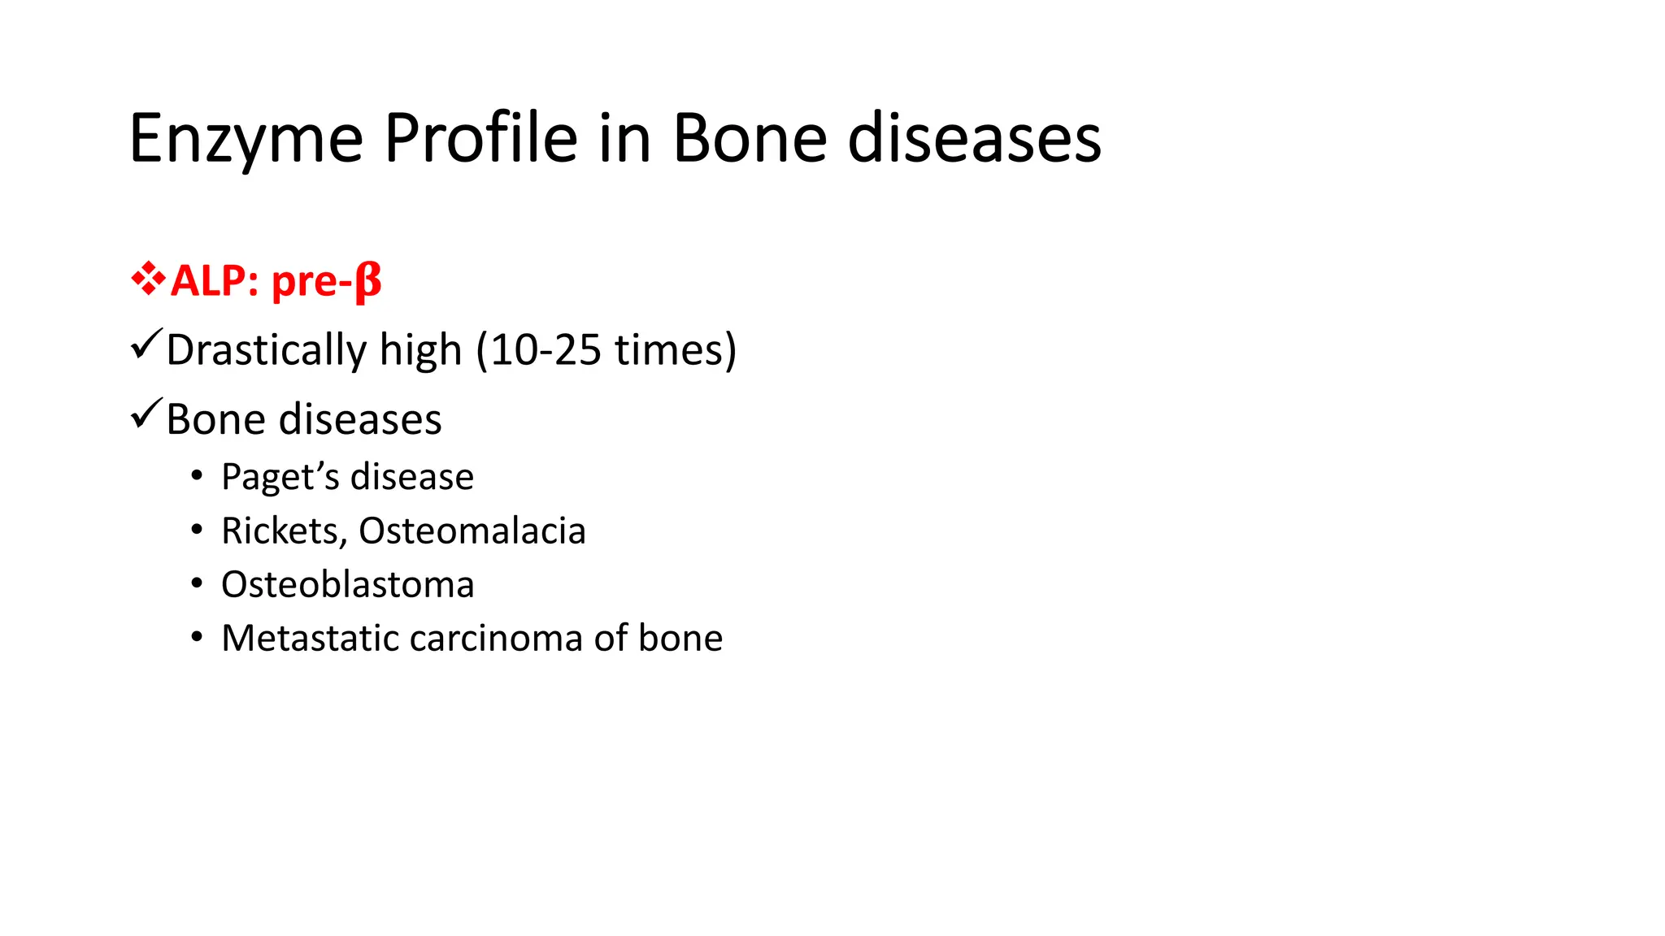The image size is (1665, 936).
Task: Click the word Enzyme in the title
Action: [x=246, y=140]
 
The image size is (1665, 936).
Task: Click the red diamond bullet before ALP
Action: [x=148, y=279]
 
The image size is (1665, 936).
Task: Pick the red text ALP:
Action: [x=215, y=281]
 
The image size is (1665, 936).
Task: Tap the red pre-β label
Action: [x=326, y=281]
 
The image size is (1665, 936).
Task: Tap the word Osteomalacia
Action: [x=472, y=531]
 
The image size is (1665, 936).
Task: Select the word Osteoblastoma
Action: [x=347, y=585]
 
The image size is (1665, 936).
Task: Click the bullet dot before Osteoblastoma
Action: [x=197, y=583]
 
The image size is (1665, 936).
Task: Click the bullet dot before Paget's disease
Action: [x=197, y=475]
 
